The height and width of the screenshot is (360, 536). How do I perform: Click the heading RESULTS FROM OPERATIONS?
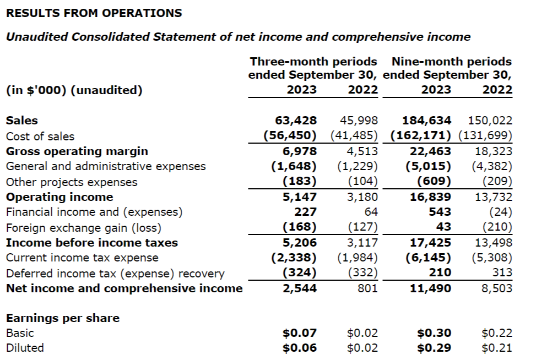click(x=94, y=13)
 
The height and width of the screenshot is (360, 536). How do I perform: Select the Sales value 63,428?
click(x=295, y=121)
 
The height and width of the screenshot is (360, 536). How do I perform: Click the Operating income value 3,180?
click(x=362, y=197)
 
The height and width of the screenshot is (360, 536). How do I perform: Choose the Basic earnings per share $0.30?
click(x=435, y=332)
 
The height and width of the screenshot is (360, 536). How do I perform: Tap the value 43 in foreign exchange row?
click(x=443, y=227)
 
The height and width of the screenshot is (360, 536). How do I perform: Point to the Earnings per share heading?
click(x=62, y=318)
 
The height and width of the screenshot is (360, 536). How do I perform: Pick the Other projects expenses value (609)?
click(x=435, y=182)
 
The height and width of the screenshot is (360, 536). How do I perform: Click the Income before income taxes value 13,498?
click(x=493, y=242)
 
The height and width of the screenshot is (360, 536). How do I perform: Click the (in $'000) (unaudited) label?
click(x=74, y=90)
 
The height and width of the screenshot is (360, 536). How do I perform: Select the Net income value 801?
click(x=367, y=288)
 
